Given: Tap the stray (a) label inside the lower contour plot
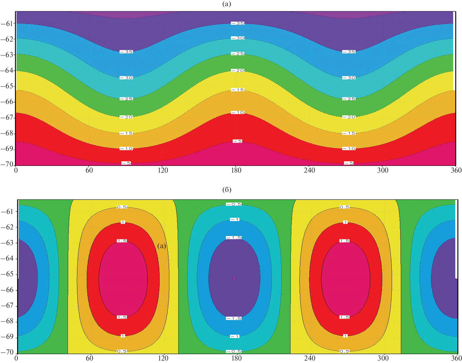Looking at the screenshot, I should [x=162, y=246].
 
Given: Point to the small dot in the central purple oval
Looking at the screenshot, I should [x=234, y=278].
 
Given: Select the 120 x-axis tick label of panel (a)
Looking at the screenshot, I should [x=163, y=170].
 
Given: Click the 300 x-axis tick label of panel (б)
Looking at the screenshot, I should [x=383, y=358].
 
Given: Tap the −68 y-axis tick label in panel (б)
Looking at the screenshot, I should [x=7, y=321].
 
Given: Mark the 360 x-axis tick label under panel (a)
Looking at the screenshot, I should [x=456, y=170].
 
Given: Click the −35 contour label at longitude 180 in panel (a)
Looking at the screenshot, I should [x=237, y=23].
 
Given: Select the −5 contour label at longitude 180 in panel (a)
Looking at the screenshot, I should [x=237, y=141].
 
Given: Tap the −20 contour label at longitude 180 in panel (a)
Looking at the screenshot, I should [x=237, y=71].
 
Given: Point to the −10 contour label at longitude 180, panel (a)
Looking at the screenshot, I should [x=237, y=112].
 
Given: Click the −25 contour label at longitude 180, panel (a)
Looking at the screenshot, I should [x=237, y=53].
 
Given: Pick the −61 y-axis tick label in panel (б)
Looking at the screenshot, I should [x=7, y=211].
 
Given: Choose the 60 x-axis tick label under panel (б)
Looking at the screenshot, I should [x=90, y=358].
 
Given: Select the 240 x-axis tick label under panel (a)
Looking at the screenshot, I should [x=309, y=170].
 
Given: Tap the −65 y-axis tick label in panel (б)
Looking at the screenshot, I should [x=7, y=274].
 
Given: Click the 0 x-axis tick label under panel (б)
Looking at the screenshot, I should [x=16, y=358].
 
